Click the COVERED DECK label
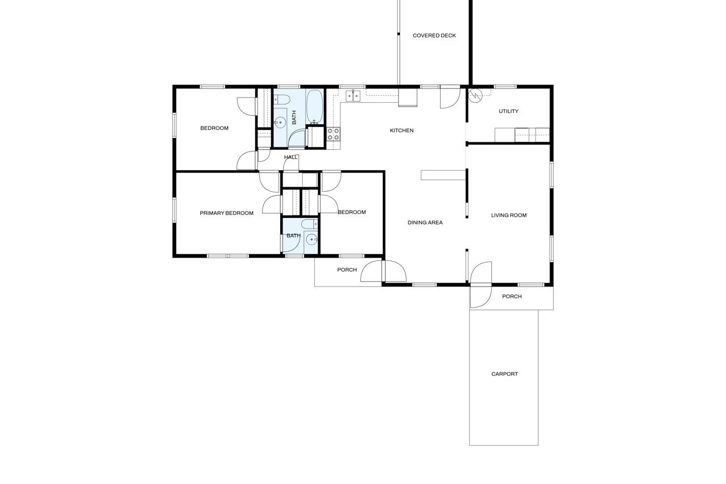pyautogui.click(x=434, y=36)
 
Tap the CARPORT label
pyautogui.click(x=504, y=374)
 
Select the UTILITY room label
pyautogui.click(x=508, y=111)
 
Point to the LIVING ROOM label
pyautogui.click(x=509, y=215)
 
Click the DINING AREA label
pyautogui.click(x=425, y=222)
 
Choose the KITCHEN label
pyautogui.click(x=402, y=131)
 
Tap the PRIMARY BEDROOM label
pyautogui.click(x=226, y=213)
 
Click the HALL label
pyautogui.click(x=291, y=157)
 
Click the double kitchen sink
pyautogui.click(x=353, y=96)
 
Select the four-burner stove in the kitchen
pyautogui.click(x=333, y=134)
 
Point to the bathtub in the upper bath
pyautogui.click(x=314, y=107)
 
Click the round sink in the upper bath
pyautogui.click(x=280, y=123)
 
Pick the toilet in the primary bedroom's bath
pyautogui.click(x=309, y=224)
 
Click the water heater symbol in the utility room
pyautogui.click(x=475, y=95)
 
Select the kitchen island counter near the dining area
pyautogui.click(x=443, y=175)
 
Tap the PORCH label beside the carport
pyautogui.click(x=512, y=297)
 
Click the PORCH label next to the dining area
pyautogui.click(x=347, y=270)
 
